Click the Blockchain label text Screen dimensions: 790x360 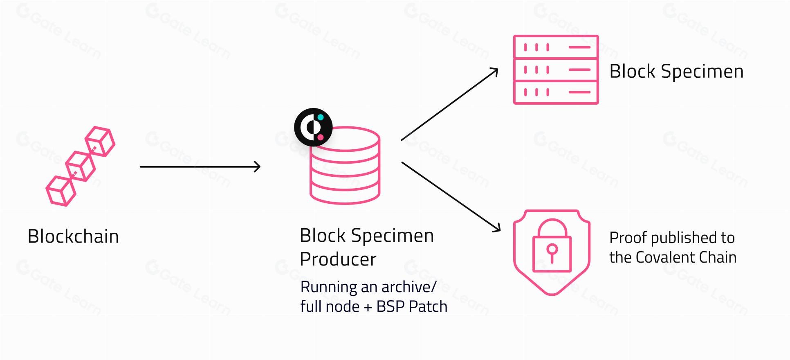73,236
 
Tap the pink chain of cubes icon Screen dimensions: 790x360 80,166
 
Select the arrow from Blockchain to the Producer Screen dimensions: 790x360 200,166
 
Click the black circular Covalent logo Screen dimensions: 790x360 313,127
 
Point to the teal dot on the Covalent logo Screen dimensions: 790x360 321,117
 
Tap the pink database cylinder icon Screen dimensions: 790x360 345,166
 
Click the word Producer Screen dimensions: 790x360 338,259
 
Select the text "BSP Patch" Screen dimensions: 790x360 412,306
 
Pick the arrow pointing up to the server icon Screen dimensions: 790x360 450,104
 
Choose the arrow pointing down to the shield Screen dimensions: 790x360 451,197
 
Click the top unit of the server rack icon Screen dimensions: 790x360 556,47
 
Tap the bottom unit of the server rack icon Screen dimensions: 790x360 556,92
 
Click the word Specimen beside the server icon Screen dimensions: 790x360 702,72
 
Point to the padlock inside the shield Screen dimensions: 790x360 552,245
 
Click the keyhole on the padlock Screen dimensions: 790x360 552,252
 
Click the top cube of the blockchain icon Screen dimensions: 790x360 100,141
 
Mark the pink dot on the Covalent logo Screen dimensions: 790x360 321,137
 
